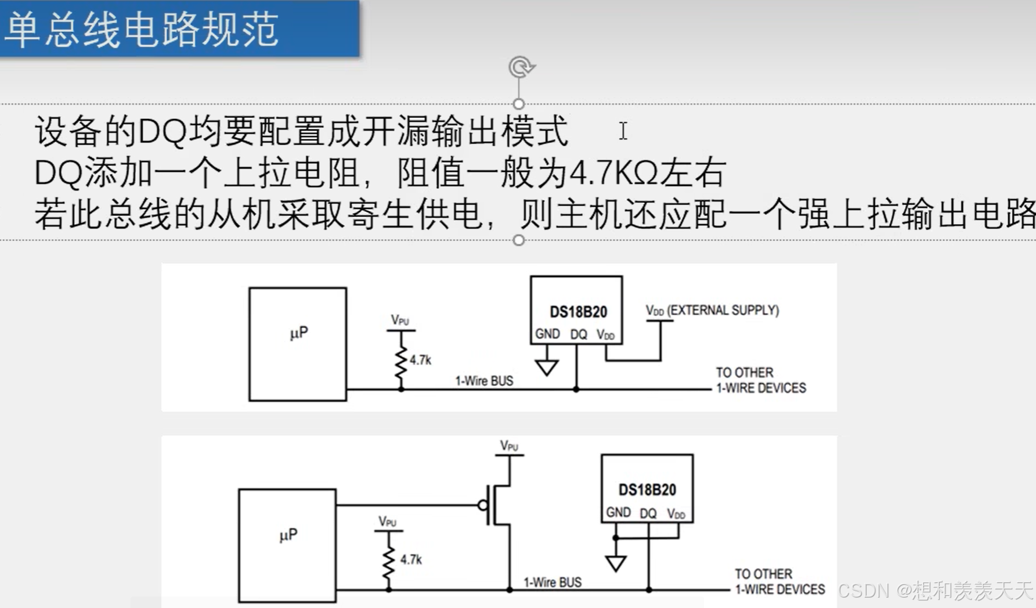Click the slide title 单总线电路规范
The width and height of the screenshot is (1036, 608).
click(142, 29)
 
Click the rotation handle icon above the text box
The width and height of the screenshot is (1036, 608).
click(521, 67)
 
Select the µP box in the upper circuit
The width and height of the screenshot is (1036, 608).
click(298, 343)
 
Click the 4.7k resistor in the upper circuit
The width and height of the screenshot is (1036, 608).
click(401, 361)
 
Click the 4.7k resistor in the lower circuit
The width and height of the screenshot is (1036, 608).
click(389, 561)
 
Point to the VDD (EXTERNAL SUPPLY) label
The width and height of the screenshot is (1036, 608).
click(712, 311)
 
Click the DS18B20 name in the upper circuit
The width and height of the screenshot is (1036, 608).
click(578, 312)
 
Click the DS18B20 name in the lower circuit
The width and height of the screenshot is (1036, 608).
click(647, 490)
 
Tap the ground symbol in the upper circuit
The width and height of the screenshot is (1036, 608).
click(547, 367)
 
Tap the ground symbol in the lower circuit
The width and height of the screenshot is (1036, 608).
click(616, 563)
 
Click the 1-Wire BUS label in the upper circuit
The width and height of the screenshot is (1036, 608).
click(484, 381)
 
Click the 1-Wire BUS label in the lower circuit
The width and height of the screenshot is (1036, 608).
click(553, 582)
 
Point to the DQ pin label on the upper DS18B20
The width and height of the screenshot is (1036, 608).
click(578, 334)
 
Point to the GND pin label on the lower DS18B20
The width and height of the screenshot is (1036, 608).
click(618, 512)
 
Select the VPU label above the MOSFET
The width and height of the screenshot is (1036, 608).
click(509, 446)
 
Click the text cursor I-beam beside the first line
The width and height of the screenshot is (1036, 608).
click(623, 131)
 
